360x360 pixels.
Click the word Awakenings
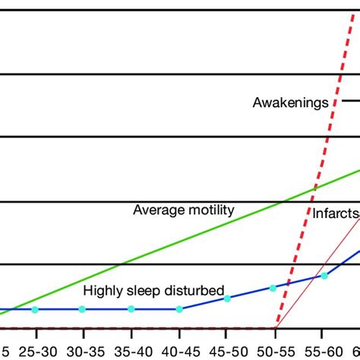[291, 100]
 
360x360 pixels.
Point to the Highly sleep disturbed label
[153, 289]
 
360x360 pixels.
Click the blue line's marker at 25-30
[35, 309]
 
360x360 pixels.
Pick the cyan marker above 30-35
[83, 309]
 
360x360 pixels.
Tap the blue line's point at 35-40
[131, 309]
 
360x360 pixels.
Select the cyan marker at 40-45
[179, 309]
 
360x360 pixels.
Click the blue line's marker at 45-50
[227, 298]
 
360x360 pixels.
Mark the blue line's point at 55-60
[324, 275]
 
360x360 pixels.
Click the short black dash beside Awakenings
[350, 100]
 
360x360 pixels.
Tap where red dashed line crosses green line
[313, 189]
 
